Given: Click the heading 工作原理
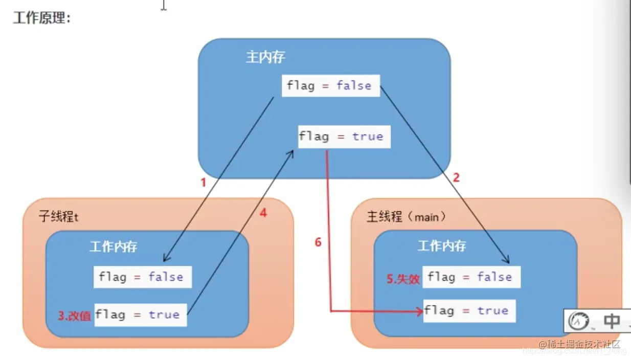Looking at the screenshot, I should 42,18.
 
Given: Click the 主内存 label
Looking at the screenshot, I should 265,57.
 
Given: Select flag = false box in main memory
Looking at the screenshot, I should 331,85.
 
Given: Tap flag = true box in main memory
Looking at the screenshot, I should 344,137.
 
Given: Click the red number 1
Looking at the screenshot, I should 203,183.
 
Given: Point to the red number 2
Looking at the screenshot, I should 457,177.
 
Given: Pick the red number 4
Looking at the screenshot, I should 263,213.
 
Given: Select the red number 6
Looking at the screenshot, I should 318,242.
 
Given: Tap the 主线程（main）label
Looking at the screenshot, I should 407,216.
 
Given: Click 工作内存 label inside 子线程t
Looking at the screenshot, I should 114,247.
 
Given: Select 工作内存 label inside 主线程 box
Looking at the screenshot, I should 442,246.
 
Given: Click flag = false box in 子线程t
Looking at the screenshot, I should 142,277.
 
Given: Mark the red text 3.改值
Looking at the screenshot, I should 74,316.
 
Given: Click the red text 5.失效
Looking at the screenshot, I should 403,279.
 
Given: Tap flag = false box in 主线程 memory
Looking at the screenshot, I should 471,277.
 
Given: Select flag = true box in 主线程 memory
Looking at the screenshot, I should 469,310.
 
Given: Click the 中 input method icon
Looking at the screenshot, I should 612,321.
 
